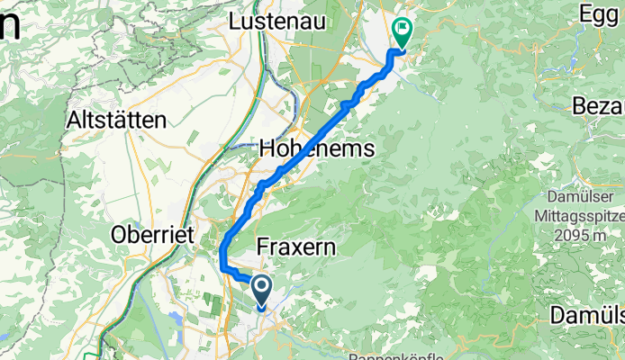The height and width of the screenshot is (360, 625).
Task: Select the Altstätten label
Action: pos(116,119)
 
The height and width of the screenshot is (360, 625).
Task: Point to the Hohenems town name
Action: pos(316,149)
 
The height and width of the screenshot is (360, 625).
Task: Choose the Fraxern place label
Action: pos(296,245)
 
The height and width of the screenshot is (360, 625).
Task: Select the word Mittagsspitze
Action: pos(585,215)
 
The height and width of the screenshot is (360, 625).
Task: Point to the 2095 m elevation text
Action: pos(585,233)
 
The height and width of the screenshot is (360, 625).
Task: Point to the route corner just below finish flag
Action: pos(391,53)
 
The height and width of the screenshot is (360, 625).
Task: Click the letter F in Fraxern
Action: pos(263,245)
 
